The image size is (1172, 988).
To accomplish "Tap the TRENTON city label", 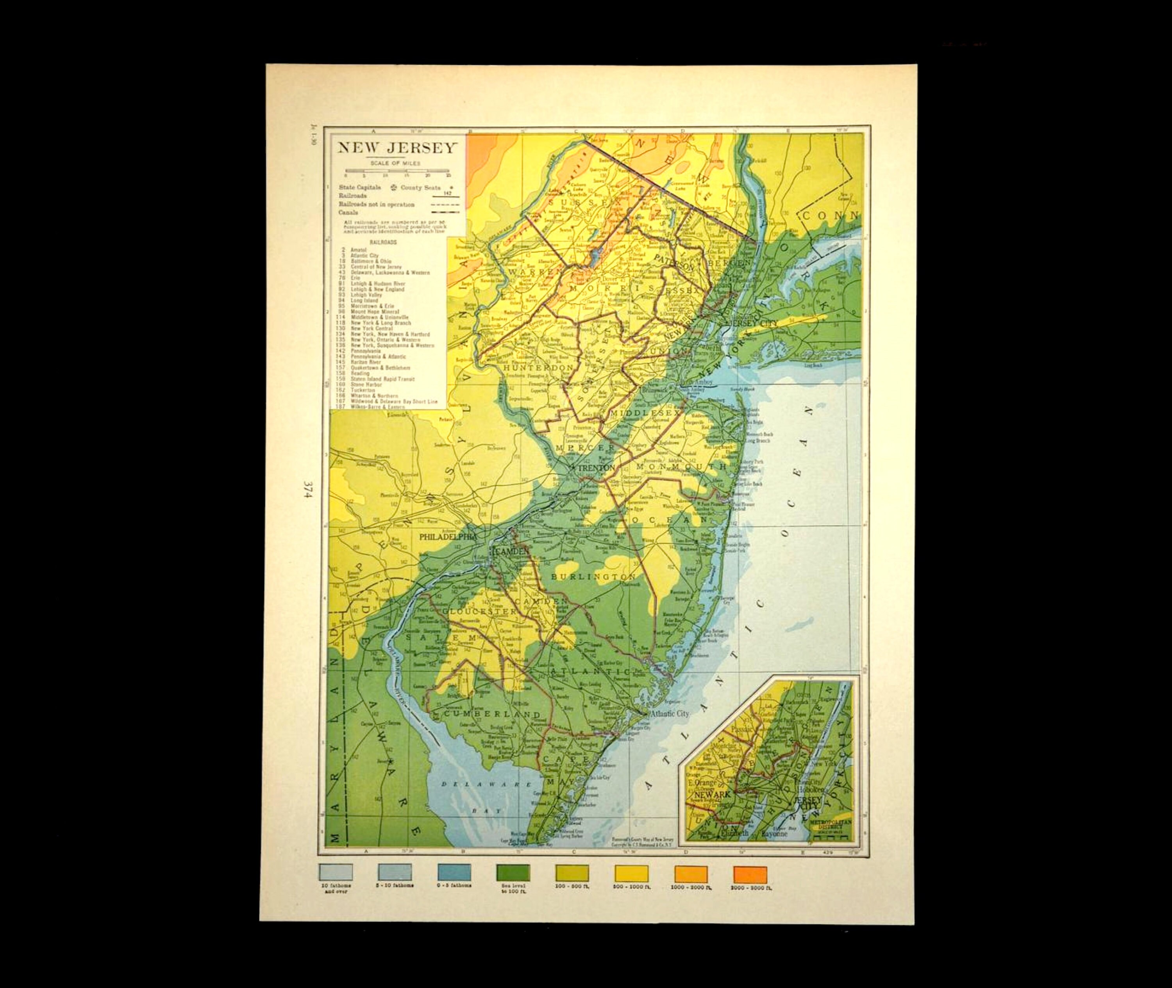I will pyautogui.click(x=596, y=468).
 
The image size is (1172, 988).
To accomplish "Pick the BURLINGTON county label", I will pyautogui.click(x=593, y=576).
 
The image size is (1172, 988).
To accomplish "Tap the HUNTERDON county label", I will pyautogui.click(x=538, y=367).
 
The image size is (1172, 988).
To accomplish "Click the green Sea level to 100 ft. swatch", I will pyautogui.click(x=512, y=872).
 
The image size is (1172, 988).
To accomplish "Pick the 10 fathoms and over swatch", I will pyautogui.click(x=335, y=872).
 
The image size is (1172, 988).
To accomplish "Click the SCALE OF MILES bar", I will pyautogui.click(x=397, y=171).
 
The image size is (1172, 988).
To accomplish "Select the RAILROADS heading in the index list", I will pyautogui.click(x=383, y=242).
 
